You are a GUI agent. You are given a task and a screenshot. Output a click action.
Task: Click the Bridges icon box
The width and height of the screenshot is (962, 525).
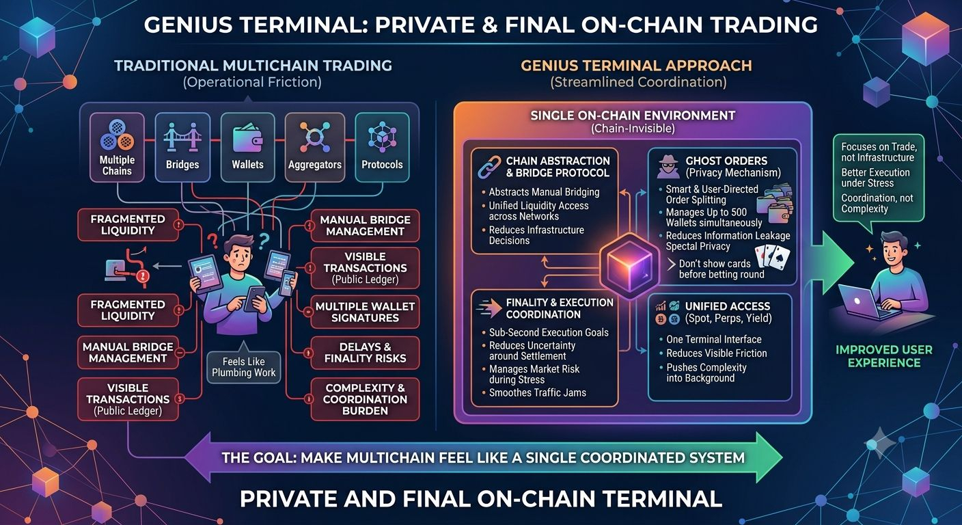[182, 147]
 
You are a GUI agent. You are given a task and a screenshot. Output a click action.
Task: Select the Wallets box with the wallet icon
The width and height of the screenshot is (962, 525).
[248, 147]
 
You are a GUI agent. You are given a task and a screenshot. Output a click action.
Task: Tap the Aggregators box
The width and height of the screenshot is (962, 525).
[315, 147]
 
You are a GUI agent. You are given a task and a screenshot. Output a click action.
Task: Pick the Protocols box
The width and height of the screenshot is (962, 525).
[382, 147]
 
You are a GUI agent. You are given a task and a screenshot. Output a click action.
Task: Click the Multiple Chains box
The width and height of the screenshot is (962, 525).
[117, 147]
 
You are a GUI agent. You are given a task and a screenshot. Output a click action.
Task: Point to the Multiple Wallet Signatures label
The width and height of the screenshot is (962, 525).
[365, 312]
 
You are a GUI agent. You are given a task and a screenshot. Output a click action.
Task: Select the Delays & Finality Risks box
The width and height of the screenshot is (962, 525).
[365, 353]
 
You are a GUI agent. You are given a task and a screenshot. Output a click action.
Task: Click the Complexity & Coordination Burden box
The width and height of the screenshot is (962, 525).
[365, 399]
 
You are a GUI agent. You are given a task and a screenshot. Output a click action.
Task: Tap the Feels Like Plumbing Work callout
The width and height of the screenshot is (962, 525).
[243, 367]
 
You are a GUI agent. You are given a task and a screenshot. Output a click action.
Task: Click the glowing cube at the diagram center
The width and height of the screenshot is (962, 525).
[629, 267]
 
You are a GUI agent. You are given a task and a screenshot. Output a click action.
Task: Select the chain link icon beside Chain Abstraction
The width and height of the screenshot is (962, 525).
[490, 167]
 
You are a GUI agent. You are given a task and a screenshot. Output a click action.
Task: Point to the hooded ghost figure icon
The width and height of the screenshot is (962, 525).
[668, 167]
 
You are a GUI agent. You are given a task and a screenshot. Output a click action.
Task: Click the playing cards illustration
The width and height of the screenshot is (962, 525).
[772, 256]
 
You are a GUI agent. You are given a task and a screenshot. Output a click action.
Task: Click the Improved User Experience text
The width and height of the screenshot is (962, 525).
[884, 356]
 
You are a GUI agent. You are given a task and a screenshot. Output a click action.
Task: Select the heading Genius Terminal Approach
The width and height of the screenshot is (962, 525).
[637, 66]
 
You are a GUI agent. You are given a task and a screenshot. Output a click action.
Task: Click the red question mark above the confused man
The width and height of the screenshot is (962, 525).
[212, 241]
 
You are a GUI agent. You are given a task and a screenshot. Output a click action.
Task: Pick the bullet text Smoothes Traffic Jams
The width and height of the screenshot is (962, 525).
[538, 392]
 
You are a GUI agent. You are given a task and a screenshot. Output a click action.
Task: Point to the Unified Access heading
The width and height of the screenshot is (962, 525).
[728, 306]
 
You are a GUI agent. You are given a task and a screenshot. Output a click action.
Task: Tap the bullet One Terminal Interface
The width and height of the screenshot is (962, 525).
[714, 339]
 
